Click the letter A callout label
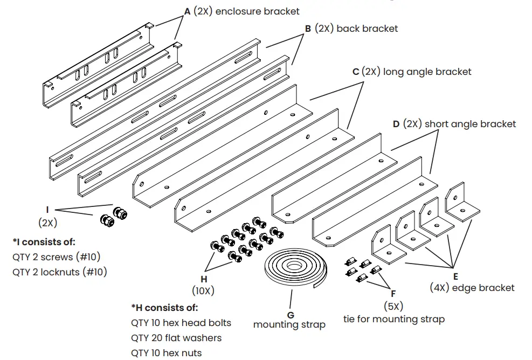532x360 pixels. pyautogui.click(x=187, y=11)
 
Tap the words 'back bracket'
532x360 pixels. pyautogui.click(x=367, y=29)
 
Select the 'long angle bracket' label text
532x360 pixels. pyautogui.click(x=427, y=72)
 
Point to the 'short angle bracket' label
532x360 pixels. pyautogui.click(x=470, y=124)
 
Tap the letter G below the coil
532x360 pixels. pyautogui.click(x=290, y=314)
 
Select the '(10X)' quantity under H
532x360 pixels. pyautogui.click(x=203, y=290)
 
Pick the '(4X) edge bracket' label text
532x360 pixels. pyautogui.click(x=472, y=288)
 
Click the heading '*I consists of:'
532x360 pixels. pyautogui.click(x=44, y=242)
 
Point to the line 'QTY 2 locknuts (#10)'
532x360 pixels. pyautogui.click(x=59, y=272)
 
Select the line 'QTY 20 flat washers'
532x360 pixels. pyautogui.click(x=176, y=338)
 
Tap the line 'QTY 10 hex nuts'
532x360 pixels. pyautogui.click(x=167, y=353)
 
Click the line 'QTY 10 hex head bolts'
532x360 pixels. pyautogui.click(x=181, y=323)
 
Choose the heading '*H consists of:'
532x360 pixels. pyautogui.click(x=164, y=308)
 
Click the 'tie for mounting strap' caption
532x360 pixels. pyautogui.click(x=394, y=319)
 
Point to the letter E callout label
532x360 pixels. pyautogui.click(x=456, y=276)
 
